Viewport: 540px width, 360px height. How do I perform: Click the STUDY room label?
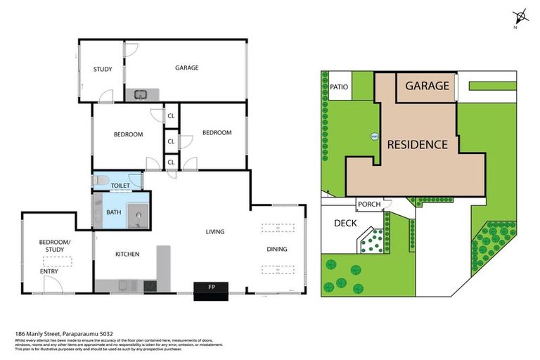103,69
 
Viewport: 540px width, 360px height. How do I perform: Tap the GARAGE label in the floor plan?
186,68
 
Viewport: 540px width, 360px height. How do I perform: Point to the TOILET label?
120,186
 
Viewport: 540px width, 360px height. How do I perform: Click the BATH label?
113,212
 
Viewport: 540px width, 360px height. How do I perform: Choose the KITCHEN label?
127,254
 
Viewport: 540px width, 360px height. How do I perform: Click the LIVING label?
214,231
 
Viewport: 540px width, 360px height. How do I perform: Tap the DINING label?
277,249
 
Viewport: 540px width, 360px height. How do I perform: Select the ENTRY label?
49,271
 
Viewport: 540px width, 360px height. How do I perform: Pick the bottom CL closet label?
171,163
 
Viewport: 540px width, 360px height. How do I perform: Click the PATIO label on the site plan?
339,87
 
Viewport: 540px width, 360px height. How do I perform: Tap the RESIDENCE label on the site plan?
417,145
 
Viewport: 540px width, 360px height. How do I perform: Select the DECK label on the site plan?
345,224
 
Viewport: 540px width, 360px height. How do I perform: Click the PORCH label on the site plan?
369,205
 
